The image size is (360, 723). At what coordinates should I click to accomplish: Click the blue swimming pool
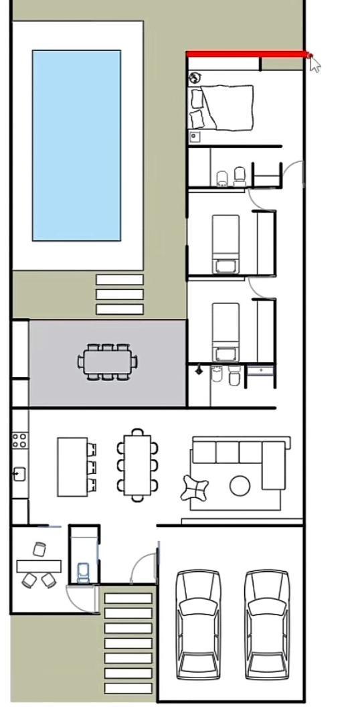pyautogui.click(x=76, y=145)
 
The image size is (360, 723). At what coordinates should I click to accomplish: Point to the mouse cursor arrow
pyautogui.click(x=314, y=64)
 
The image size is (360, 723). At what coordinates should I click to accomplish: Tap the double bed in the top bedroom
pyautogui.click(x=226, y=107)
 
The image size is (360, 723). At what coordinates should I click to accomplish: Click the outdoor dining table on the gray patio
pyautogui.click(x=107, y=361)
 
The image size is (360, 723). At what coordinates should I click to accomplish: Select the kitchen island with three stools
pyautogui.click(x=72, y=467)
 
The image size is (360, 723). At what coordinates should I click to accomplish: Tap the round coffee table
pyautogui.click(x=240, y=485)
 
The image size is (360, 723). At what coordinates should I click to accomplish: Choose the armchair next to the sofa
pyautogui.click(x=195, y=487)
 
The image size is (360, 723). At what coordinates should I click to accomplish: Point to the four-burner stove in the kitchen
pyautogui.click(x=19, y=440)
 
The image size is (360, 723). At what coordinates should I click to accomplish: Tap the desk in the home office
pyautogui.click(x=39, y=566)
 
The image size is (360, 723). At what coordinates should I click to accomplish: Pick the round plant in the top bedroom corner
pyautogui.click(x=195, y=78)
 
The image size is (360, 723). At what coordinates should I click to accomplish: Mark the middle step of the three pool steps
pyautogui.click(x=120, y=294)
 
